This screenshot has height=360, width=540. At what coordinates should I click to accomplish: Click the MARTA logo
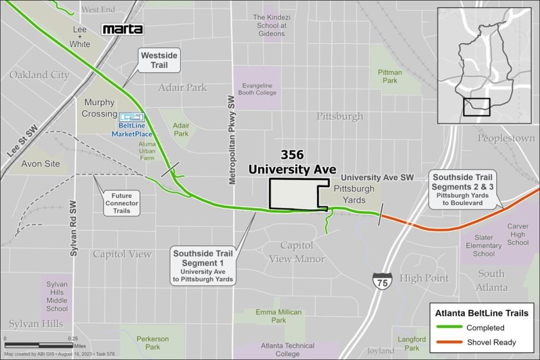(x=122, y=29)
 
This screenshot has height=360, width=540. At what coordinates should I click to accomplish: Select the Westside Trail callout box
(x=160, y=59)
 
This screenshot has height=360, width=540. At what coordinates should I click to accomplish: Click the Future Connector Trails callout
(x=121, y=202)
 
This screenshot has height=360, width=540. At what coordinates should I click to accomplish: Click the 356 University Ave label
(x=292, y=163)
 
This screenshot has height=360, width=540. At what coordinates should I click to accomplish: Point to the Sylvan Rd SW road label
(x=74, y=228)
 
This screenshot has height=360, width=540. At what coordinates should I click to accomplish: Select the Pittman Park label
(x=390, y=76)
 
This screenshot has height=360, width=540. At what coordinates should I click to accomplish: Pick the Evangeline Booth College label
(x=257, y=89)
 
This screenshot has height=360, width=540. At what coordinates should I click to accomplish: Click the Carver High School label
(x=517, y=234)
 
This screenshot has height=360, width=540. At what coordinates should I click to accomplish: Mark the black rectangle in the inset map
(x=476, y=107)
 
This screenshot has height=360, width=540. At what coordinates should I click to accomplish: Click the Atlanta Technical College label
(x=288, y=349)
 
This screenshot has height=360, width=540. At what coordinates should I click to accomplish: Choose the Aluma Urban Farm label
(x=146, y=151)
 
